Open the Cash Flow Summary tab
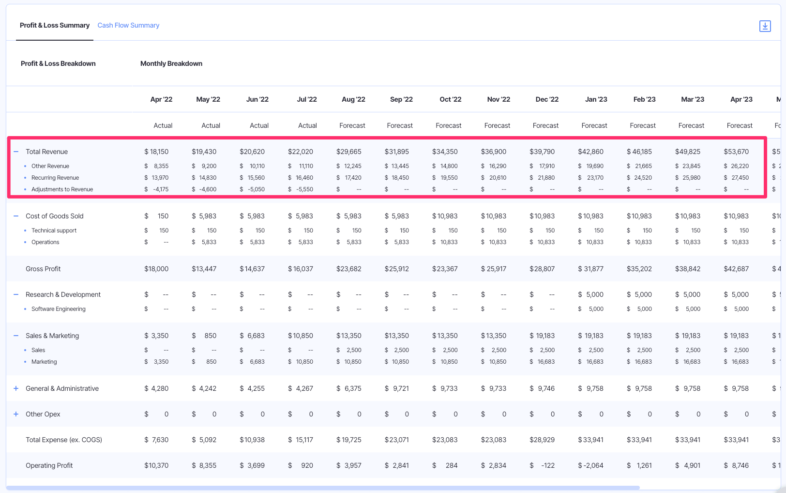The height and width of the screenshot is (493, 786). coord(128,25)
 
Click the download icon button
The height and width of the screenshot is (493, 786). coord(765,26)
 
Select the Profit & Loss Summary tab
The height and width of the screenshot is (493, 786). coord(55,25)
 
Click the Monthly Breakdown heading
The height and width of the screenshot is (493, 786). coord(171,63)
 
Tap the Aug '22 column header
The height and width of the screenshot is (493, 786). coord(353,99)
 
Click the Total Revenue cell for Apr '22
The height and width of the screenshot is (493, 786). coord(156,152)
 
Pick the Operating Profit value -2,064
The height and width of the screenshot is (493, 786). coord(590,465)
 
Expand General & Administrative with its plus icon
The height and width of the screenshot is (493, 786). coord(16,388)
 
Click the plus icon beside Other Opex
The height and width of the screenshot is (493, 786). coord(16,414)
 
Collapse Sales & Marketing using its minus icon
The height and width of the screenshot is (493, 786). coord(16,336)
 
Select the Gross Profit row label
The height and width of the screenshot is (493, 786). coord(43,269)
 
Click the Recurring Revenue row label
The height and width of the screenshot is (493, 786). coord(55,178)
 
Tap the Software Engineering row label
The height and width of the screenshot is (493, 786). coord(59,309)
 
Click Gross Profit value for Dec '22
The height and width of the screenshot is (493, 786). coord(542,269)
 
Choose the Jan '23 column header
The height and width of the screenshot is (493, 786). coord(596,99)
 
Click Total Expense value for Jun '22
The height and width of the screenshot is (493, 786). coord(252,440)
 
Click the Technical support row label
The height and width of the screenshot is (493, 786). coord(54,231)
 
